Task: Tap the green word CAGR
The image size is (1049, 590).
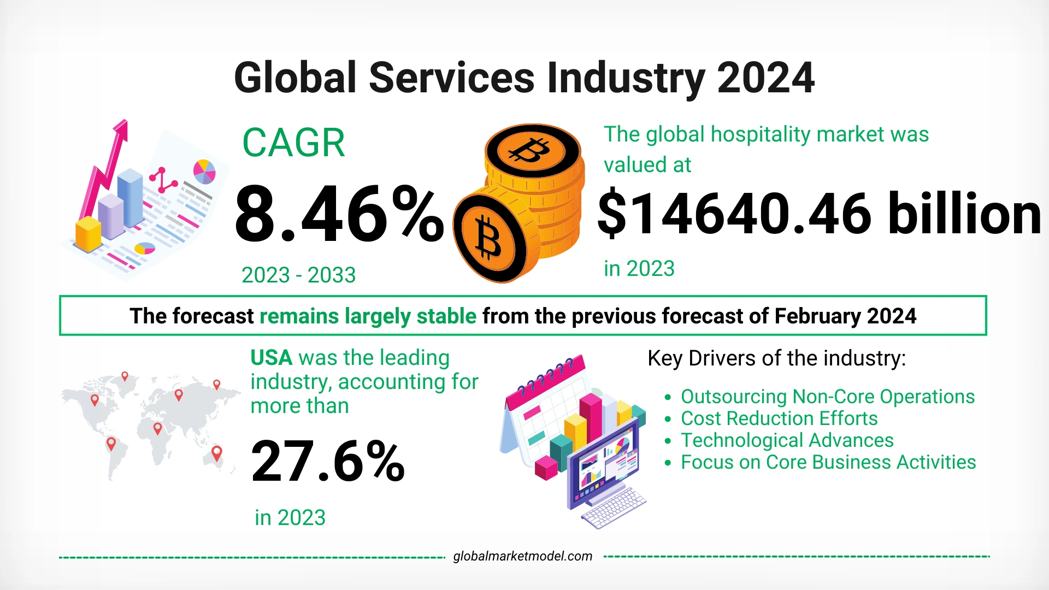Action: (293, 143)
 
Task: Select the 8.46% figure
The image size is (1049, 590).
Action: (339, 214)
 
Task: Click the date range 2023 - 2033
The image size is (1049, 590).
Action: (298, 275)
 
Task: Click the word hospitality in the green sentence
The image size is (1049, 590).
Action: (756, 134)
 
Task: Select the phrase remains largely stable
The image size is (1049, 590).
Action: (368, 316)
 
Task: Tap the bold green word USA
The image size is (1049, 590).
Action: (272, 358)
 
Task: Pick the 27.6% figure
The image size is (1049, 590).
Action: (328, 462)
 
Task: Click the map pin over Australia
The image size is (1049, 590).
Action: (217, 453)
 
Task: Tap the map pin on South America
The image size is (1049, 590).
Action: (111, 444)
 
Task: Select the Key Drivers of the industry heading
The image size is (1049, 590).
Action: (776, 358)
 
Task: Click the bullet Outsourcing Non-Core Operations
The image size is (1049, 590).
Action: (827, 397)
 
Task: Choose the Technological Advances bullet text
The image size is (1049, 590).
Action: (787, 440)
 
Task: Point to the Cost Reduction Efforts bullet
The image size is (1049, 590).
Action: (779, 418)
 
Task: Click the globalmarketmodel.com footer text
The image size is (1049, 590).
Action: (522, 556)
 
